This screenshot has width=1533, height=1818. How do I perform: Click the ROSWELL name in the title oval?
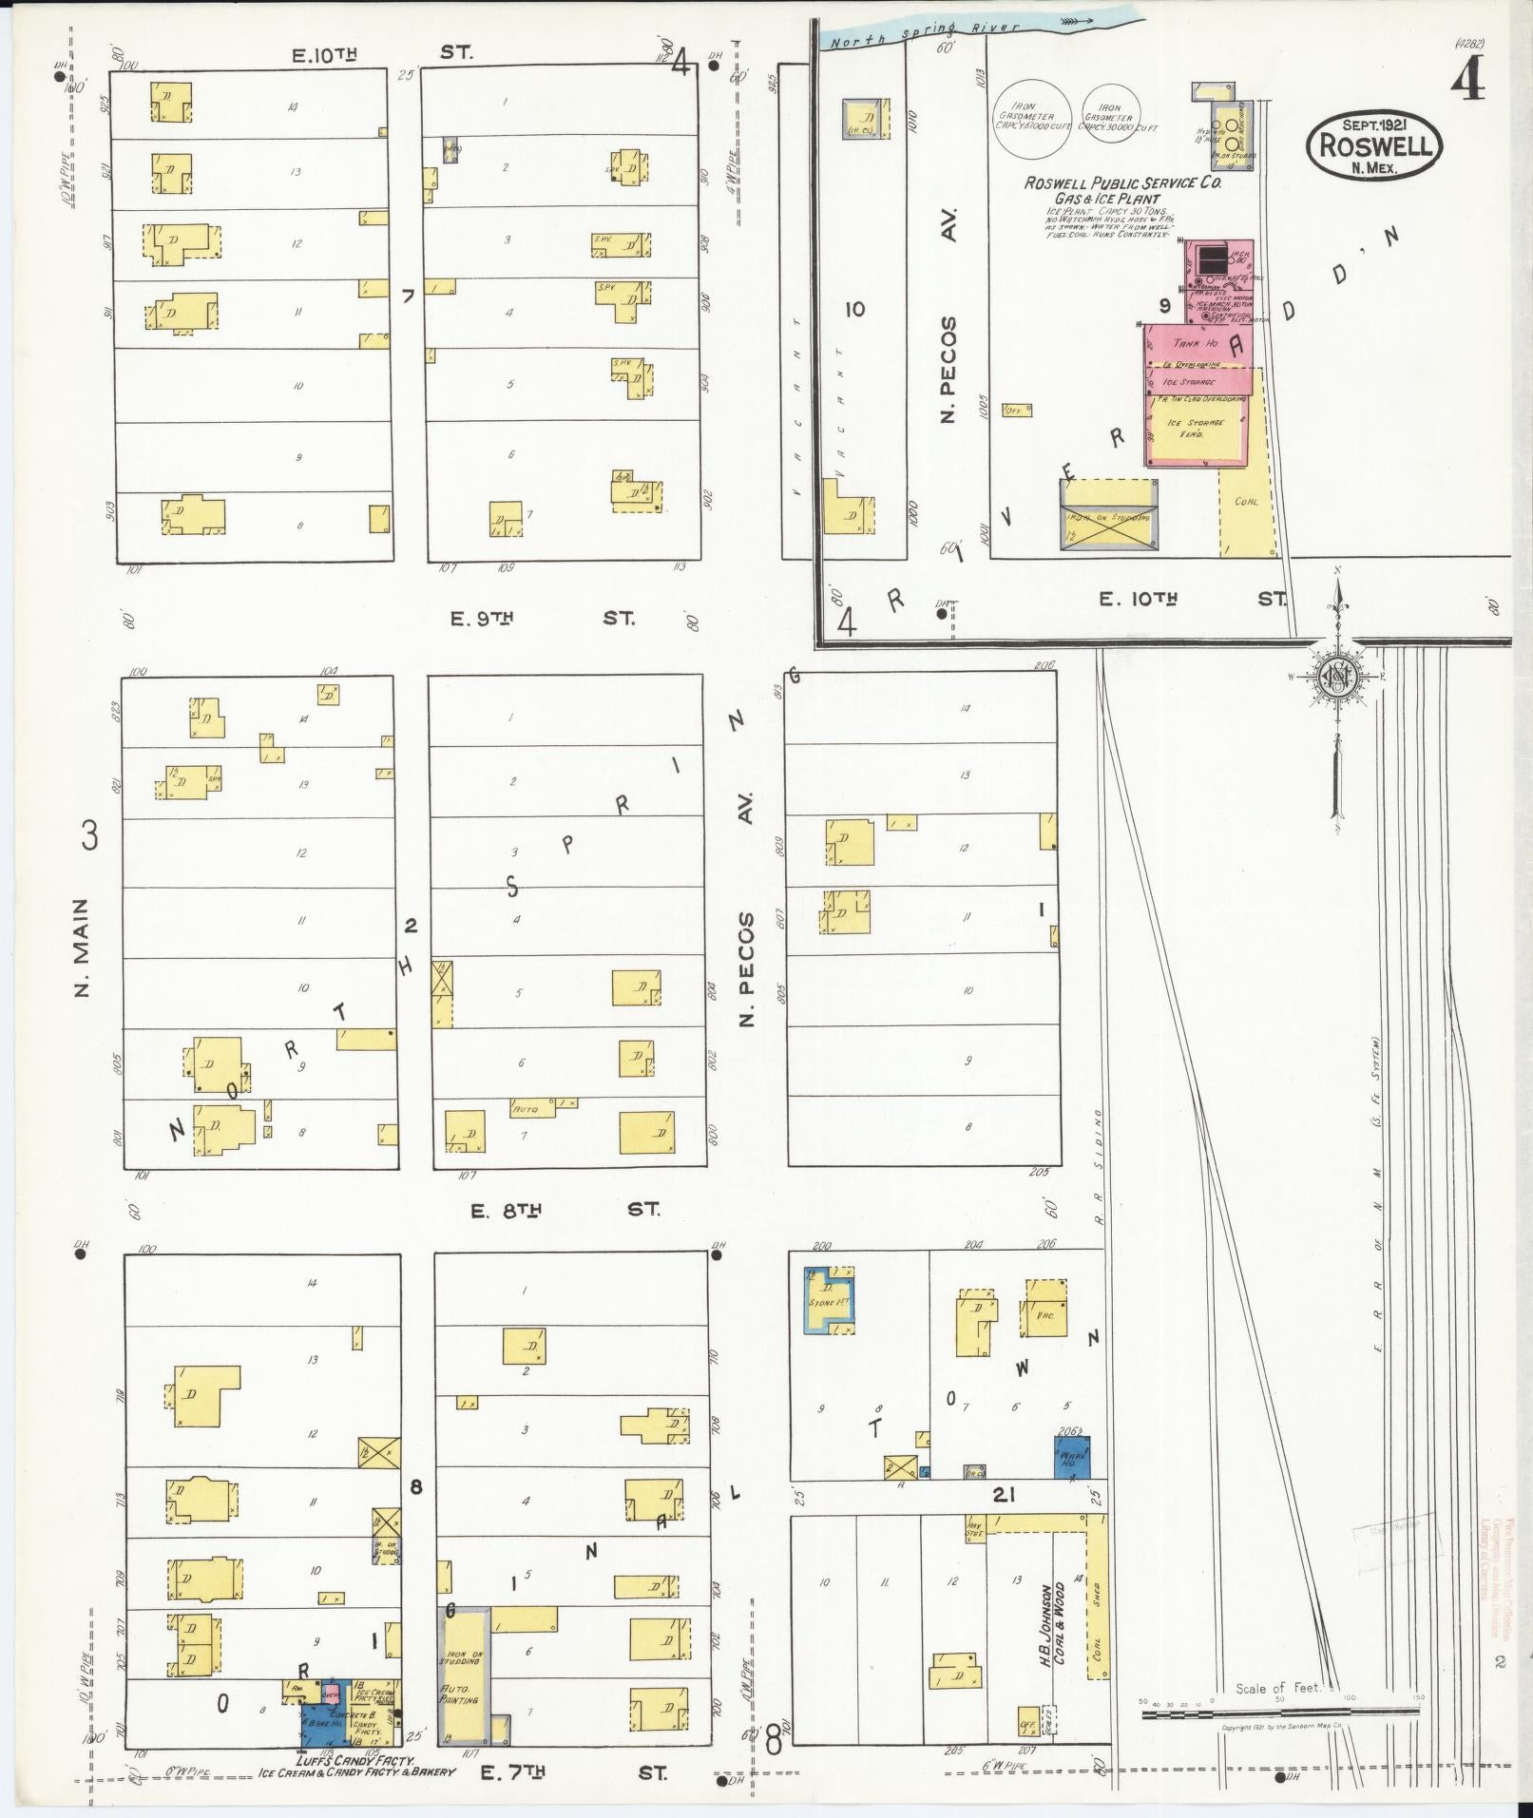pos(1374,145)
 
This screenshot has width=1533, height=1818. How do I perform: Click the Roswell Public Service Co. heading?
pos(1121,182)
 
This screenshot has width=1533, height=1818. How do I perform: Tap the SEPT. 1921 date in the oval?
pos(1374,124)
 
